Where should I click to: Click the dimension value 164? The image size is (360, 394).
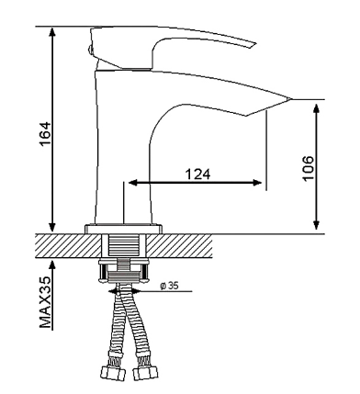click(x=45, y=134)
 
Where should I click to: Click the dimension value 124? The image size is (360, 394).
click(x=198, y=174)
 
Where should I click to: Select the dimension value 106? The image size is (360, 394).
click(x=308, y=168)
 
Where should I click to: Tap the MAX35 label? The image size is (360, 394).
click(x=45, y=302)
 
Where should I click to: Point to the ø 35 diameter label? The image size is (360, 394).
click(x=169, y=286)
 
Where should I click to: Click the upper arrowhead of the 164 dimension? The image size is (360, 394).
click(x=52, y=32)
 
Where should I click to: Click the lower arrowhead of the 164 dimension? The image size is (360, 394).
click(x=52, y=227)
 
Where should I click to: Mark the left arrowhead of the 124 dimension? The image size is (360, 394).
click(x=133, y=183)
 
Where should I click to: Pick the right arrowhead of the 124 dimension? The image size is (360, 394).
click(x=257, y=183)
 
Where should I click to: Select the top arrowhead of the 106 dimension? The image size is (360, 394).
click(x=317, y=109)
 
